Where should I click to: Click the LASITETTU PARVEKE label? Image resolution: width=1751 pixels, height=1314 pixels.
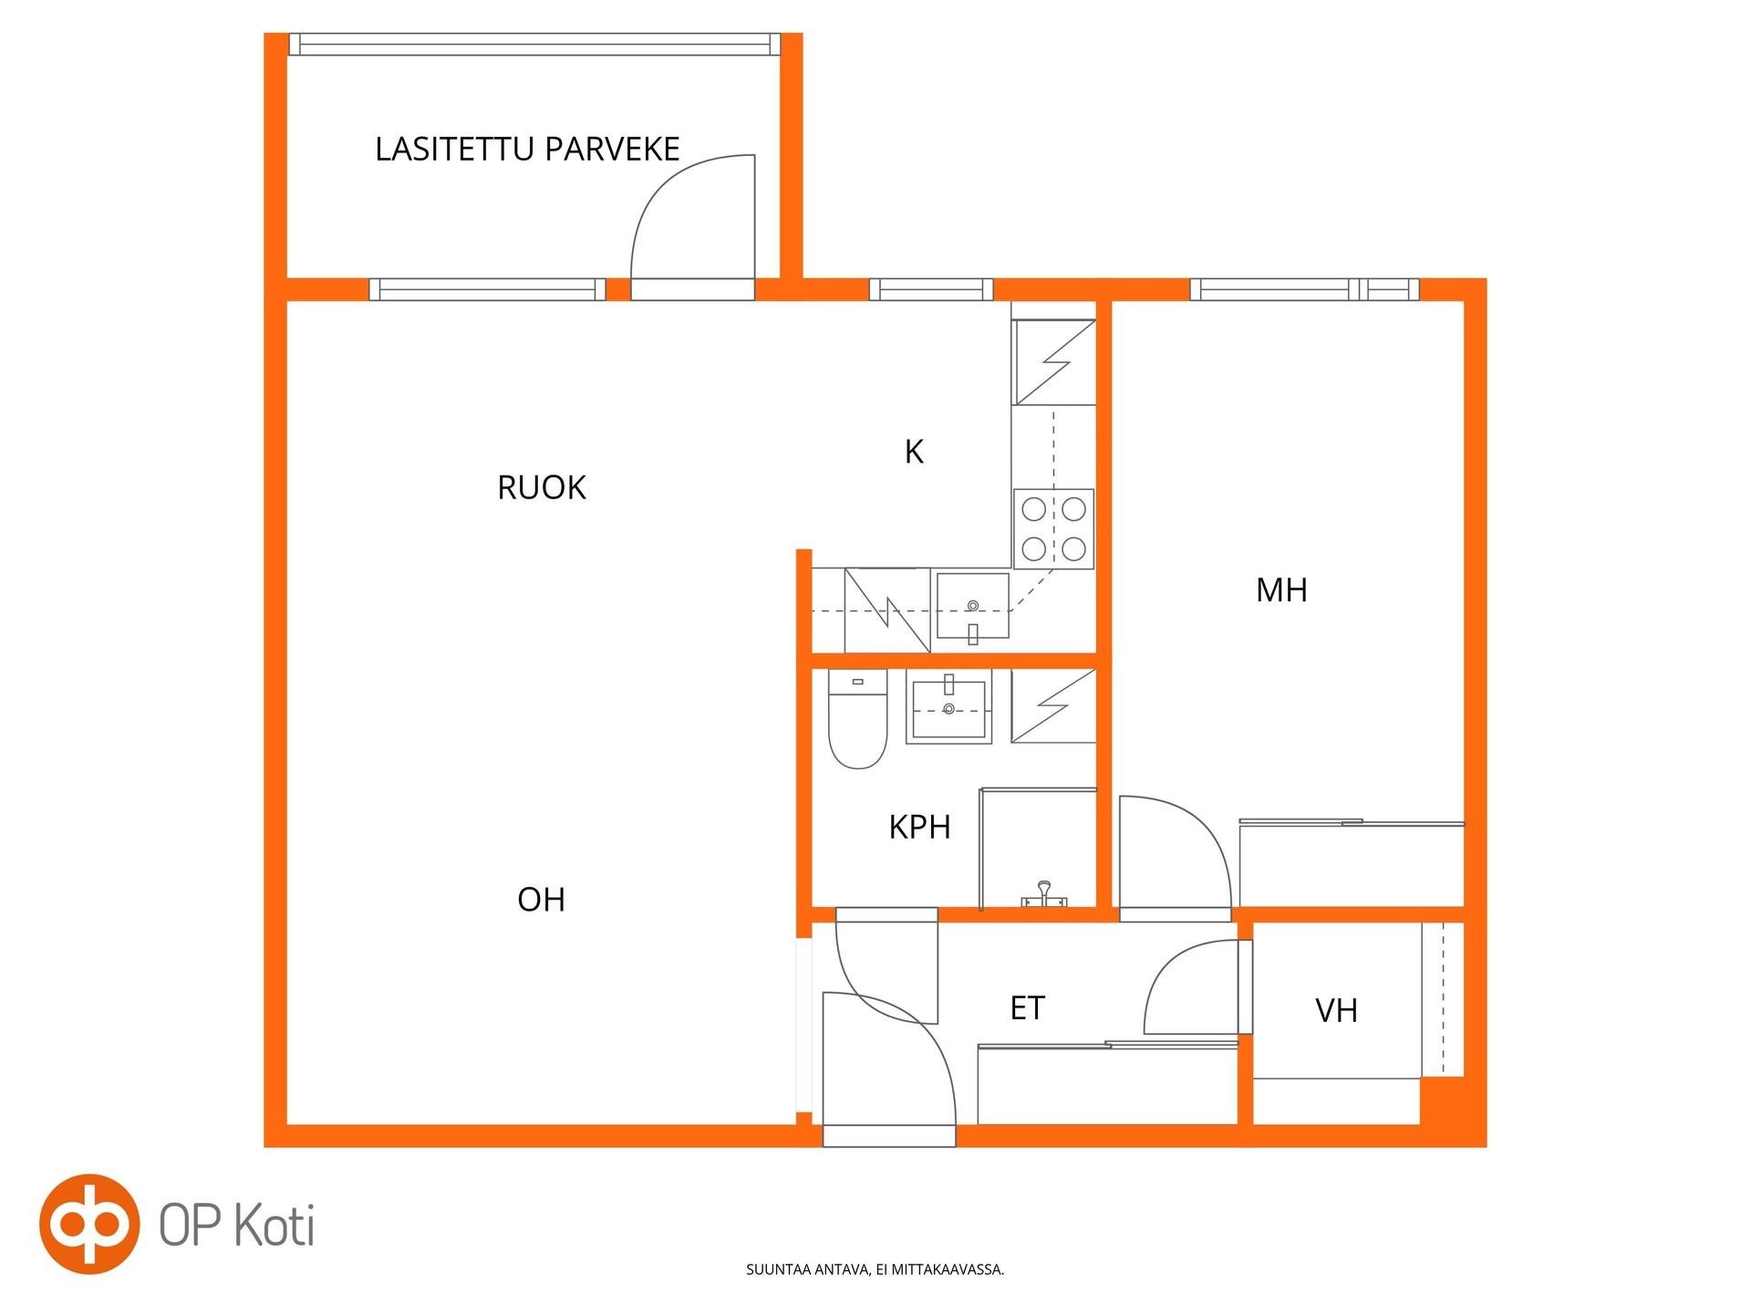tap(527, 149)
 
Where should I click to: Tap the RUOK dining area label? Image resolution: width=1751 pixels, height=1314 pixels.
tap(541, 487)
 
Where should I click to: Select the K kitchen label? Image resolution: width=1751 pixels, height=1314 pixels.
tap(914, 451)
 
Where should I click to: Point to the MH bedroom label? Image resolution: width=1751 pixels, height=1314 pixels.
tap(1281, 590)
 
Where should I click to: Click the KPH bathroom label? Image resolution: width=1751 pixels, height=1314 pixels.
tap(919, 827)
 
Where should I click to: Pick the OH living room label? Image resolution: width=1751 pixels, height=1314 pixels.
tap(541, 900)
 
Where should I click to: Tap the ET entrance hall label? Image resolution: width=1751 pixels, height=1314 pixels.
tap(1027, 1007)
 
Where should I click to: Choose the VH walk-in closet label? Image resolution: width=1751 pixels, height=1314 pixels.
tap(1336, 1010)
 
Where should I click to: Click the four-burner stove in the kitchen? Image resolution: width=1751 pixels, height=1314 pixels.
tap(1053, 528)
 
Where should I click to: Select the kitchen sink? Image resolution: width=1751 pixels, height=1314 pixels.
tap(973, 606)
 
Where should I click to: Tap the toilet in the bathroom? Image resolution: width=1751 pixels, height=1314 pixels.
tap(857, 719)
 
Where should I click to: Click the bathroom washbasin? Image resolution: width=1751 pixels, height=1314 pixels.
tap(948, 709)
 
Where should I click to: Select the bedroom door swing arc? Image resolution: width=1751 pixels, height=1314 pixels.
tap(1190, 826)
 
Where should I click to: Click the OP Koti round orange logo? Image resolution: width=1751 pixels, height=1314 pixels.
tap(88, 1225)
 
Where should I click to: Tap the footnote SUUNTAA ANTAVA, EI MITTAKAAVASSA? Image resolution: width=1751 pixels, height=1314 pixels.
tap(875, 1269)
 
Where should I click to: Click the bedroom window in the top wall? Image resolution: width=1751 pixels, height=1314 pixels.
tap(1304, 290)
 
